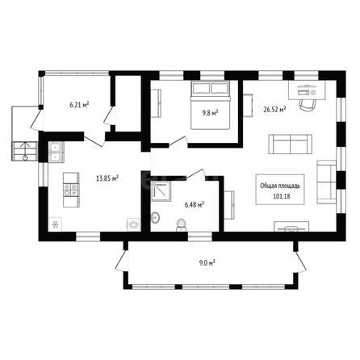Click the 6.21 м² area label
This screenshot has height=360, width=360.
click(x=79, y=105)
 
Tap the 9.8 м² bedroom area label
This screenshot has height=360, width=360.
click(x=210, y=113)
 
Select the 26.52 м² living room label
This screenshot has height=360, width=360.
click(x=274, y=110)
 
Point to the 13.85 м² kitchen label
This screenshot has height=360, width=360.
click(x=107, y=178)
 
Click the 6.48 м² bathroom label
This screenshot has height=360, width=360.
click(x=194, y=205)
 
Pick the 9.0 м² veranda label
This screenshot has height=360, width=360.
click(x=207, y=263)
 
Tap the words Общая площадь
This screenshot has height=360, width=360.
click(x=280, y=186)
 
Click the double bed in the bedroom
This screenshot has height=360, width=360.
click(x=211, y=105)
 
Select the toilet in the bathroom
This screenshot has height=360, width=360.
click(x=181, y=225)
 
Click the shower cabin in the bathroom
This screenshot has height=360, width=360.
click(x=161, y=191)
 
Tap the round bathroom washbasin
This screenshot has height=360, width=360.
click(x=155, y=217)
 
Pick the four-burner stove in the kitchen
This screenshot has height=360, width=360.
click(x=71, y=190)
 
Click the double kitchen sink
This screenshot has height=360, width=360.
click(x=57, y=153)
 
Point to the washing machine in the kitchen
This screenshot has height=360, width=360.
click(x=133, y=224)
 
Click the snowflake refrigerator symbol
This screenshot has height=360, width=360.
click(x=56, y=224)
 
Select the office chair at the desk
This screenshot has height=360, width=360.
click(x=308, y=104)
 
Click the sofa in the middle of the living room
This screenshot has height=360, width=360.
click(x=291, y=144)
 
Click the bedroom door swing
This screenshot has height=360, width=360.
click(x=178, y=141)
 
